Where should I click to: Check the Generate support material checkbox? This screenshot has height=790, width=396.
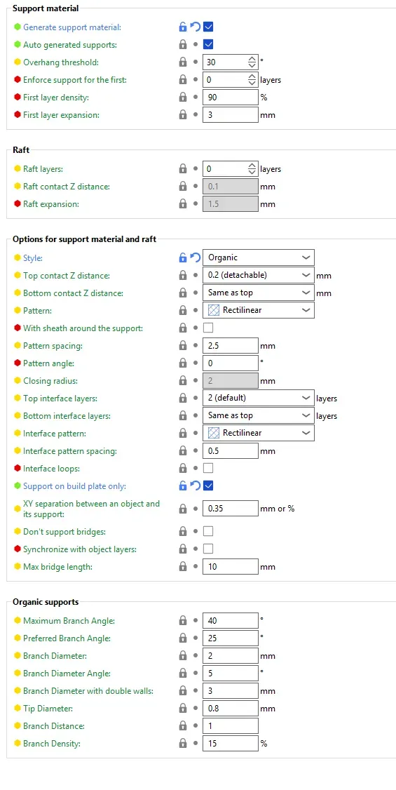point(208,27)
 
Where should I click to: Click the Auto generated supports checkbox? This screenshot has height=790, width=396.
point(208,44)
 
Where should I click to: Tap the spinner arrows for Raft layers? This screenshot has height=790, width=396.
point(252,169)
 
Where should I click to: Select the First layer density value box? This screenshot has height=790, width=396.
point(231,98)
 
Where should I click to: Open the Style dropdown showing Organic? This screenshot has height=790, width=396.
point(259,257)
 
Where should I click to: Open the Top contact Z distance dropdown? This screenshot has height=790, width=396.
point(259,275)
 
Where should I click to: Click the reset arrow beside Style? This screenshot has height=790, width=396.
point(196,257)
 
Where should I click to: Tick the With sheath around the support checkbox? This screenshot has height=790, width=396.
point(208,328)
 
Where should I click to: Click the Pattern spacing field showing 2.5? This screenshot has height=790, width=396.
point(231,346)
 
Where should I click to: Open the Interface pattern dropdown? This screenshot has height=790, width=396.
point(259,433)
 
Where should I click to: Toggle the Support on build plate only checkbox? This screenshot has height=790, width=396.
point(208,486)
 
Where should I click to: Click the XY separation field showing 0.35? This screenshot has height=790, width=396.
point(231,509)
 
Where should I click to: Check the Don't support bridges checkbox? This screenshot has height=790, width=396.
point(208,531)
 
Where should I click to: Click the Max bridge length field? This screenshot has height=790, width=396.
point(231,566)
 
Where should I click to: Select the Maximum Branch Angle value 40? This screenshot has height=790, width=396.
point(231,621)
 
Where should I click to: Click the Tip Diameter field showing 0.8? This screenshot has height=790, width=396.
point(231,709)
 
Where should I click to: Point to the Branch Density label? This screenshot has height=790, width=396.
point(52,744)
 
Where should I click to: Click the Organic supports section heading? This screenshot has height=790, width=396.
point(46,602)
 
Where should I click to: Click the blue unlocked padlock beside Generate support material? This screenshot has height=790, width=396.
point(183,27)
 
